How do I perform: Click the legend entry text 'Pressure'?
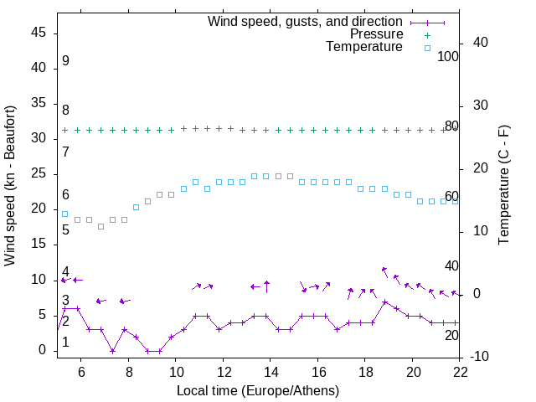pyautogui.click(x=377, y=34)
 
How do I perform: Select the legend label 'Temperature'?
pyautogui.click(x=364, y=47)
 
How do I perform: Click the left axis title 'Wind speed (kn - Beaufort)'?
pyautogui.click(x=10, y=186)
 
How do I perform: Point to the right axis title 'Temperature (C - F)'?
pyautogui.click(x=504, y=186)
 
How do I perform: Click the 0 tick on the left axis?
pyautogui.click(x=41, y=350)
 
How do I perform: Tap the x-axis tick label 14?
pyautogui.click(x=271, y=371)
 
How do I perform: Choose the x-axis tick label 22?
pyautogui.click(x=460, y=371)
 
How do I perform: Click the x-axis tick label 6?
pyautogui.click(x=81, y=371)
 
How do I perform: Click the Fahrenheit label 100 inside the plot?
pyautogui.click(x=448, y=57)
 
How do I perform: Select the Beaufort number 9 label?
pyautogui.click(x=65, y=61)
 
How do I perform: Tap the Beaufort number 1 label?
pyautogui.click(x=65, y=343)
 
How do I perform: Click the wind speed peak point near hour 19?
pyautogui.click(x=384, y=301)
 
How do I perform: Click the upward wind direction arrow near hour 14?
pyautogui.click(x=266, y=286)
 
